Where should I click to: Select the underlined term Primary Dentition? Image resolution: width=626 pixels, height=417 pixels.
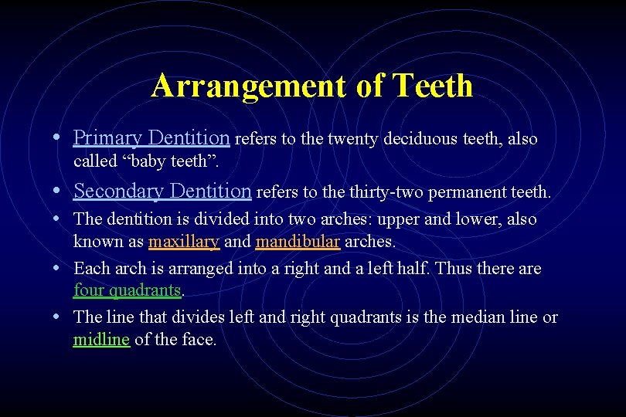pos(151,138)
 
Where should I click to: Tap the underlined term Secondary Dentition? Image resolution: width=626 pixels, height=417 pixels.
pos(162,190)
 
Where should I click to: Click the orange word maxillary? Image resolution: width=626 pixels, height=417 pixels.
pos(184,242)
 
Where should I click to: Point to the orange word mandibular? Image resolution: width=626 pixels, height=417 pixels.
pos(298,242)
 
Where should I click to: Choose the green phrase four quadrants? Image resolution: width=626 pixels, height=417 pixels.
pos(128,291)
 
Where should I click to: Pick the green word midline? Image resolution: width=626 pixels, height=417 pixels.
pos(101,340)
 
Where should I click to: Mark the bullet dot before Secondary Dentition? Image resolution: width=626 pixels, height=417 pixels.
pos(59,191)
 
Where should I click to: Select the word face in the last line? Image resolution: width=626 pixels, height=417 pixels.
pos(199,340)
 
